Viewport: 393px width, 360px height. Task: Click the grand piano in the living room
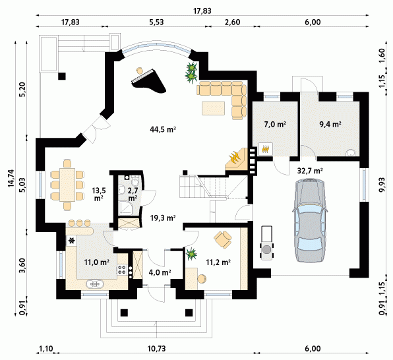click(149, 82)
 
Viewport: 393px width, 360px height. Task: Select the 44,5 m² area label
click(163, 130)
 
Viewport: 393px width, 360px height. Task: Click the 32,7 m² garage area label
click(310, 171)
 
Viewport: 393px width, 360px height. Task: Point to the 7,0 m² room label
click(275, 124)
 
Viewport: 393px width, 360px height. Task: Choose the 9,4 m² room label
click(330, 124)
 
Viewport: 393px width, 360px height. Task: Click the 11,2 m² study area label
click(218, 262)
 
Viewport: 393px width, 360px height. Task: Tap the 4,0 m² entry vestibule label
click(160, 272)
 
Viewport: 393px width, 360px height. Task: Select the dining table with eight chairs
click(67, 185)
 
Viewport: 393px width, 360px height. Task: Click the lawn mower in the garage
click(266, 243)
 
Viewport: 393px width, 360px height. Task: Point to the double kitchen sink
click(95, 284)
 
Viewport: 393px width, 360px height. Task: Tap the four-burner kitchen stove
click(122, 270)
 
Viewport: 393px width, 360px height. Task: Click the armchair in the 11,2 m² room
click(223, 239)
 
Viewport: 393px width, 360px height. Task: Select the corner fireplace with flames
click(237, 159)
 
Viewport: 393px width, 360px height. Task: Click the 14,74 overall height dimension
click(11, 178)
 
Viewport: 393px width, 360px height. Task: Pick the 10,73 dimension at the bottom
click(157, 349)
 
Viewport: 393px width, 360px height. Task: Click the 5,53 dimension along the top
click(156, 22)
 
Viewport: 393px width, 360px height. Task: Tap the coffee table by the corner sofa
click(214, 108)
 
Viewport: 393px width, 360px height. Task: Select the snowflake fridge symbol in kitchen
click(72, 241)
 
